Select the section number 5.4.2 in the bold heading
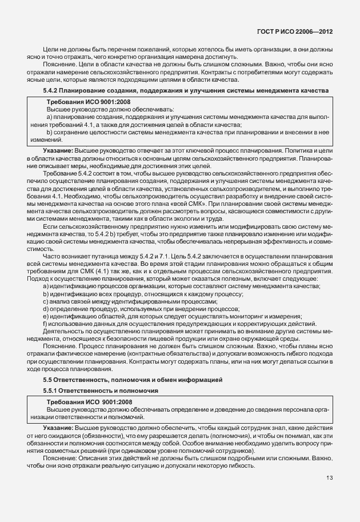52,90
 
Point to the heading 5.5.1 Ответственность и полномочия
101,390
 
